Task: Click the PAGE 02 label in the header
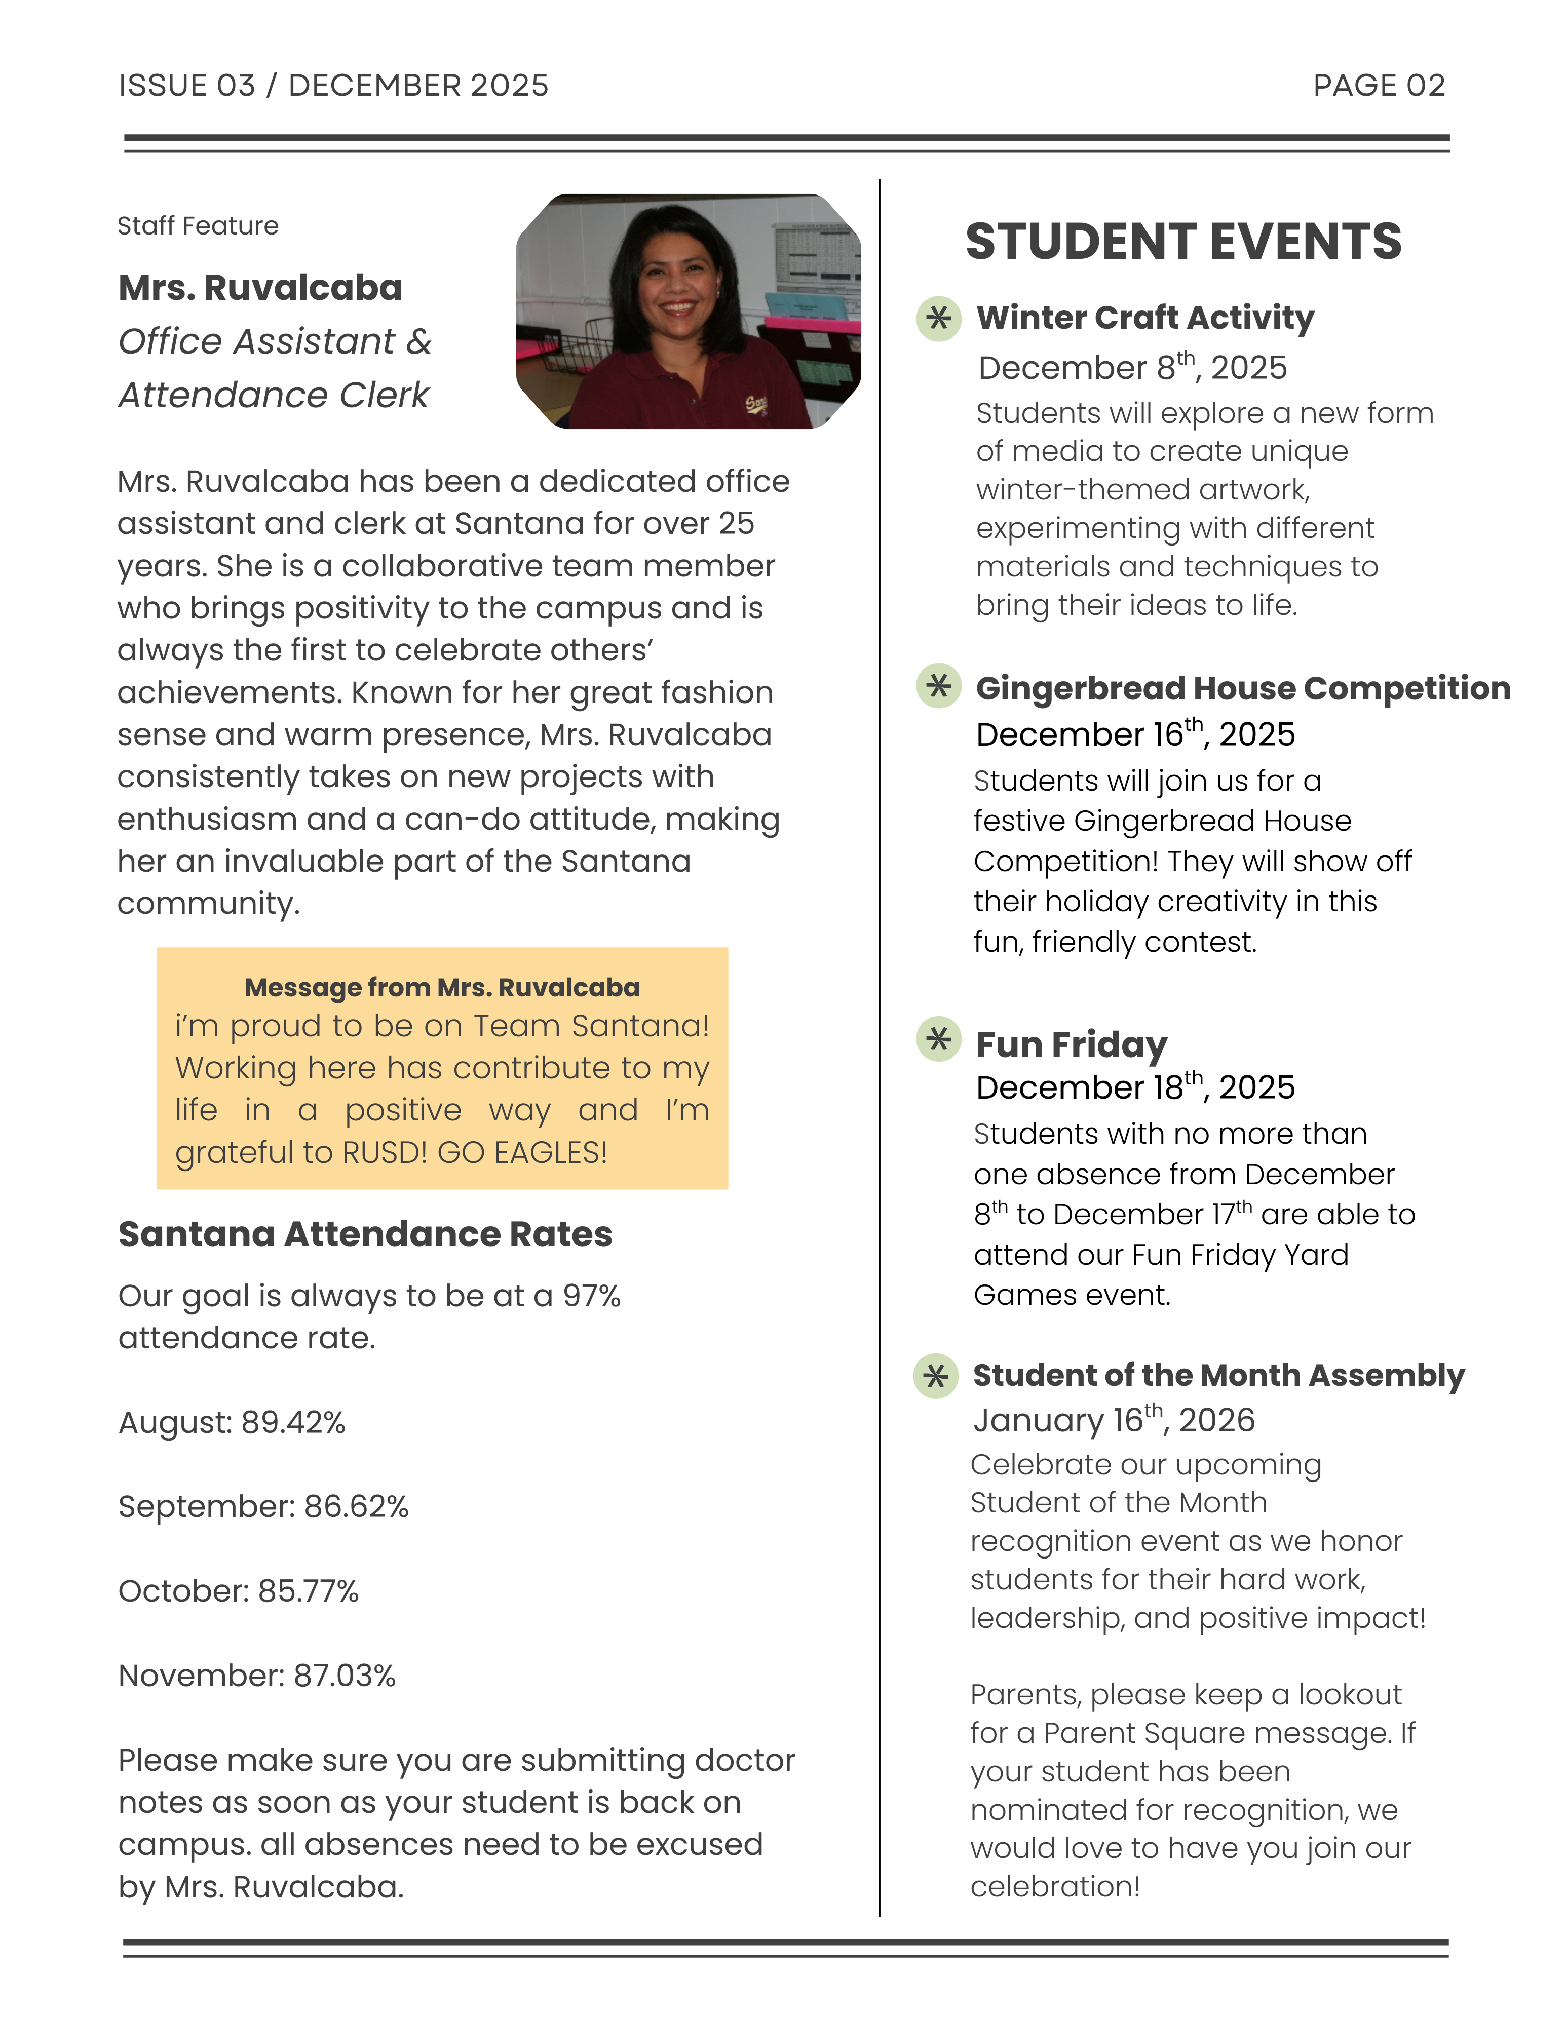(1379, 85)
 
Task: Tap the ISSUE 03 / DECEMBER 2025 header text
(333, 85)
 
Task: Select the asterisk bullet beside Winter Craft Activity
(938, 318)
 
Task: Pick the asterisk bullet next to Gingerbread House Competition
(938, 686)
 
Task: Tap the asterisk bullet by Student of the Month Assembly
(935, 1376)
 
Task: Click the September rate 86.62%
(356, 1506)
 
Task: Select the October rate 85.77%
(308, 1591)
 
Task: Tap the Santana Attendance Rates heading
(365, 1235)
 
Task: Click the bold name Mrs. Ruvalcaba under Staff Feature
(260, 288)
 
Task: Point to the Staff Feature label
(198, 225)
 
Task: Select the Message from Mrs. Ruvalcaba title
(442, 987)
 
